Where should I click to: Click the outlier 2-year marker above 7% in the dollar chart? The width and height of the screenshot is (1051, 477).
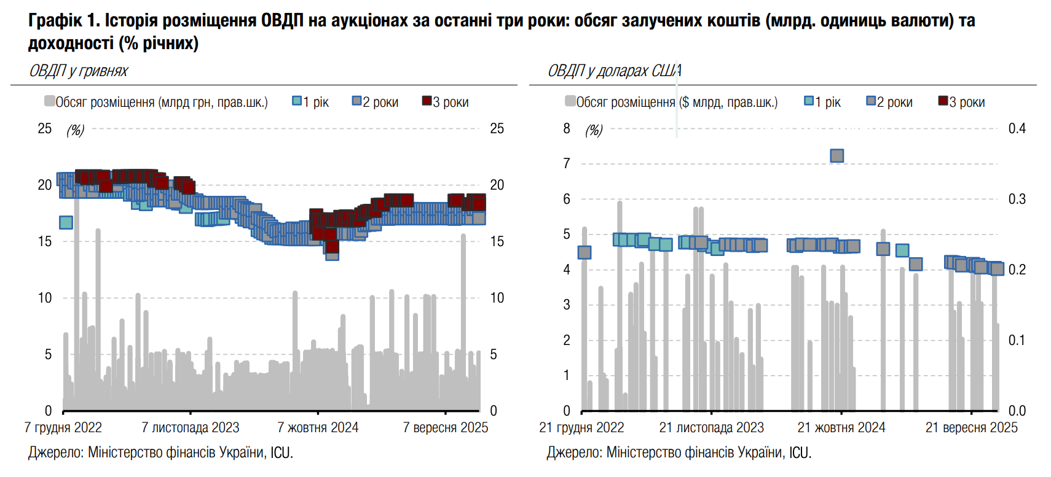click(x=836, y=156)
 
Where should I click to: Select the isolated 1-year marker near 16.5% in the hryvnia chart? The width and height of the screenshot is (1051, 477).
click(x=66, y=222)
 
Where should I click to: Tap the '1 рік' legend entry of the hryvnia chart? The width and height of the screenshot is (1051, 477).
click(x=311, y=102)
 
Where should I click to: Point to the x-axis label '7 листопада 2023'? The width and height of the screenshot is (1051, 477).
click(x=190, y=427)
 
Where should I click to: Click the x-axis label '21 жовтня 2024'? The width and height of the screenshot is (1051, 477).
click(x=841, y=427)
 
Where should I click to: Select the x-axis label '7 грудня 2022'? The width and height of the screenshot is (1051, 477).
click(x=63, y=427)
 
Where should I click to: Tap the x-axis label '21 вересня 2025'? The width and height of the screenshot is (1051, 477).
click(x=971, y=427)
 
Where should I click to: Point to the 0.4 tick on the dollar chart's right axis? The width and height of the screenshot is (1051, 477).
click(x=1017, y=128)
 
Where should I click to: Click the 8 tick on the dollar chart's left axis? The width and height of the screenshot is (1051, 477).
click(x=567, y=128)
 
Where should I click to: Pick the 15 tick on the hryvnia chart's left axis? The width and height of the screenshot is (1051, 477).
click(x=44, y=241)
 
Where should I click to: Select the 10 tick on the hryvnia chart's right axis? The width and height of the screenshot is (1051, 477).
click(x=497, y=298)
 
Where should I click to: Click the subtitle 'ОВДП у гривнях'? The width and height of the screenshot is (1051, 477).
click(x=78, y=71)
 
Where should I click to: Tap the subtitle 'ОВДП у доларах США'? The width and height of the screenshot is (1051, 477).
click(x=614, y=71)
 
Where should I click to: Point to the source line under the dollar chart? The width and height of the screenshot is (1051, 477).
click(x=679, y=453)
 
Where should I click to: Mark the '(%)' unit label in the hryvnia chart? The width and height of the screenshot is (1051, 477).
click(x=75, y=130)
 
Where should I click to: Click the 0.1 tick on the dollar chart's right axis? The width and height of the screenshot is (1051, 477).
click(x=1017, y=340)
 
